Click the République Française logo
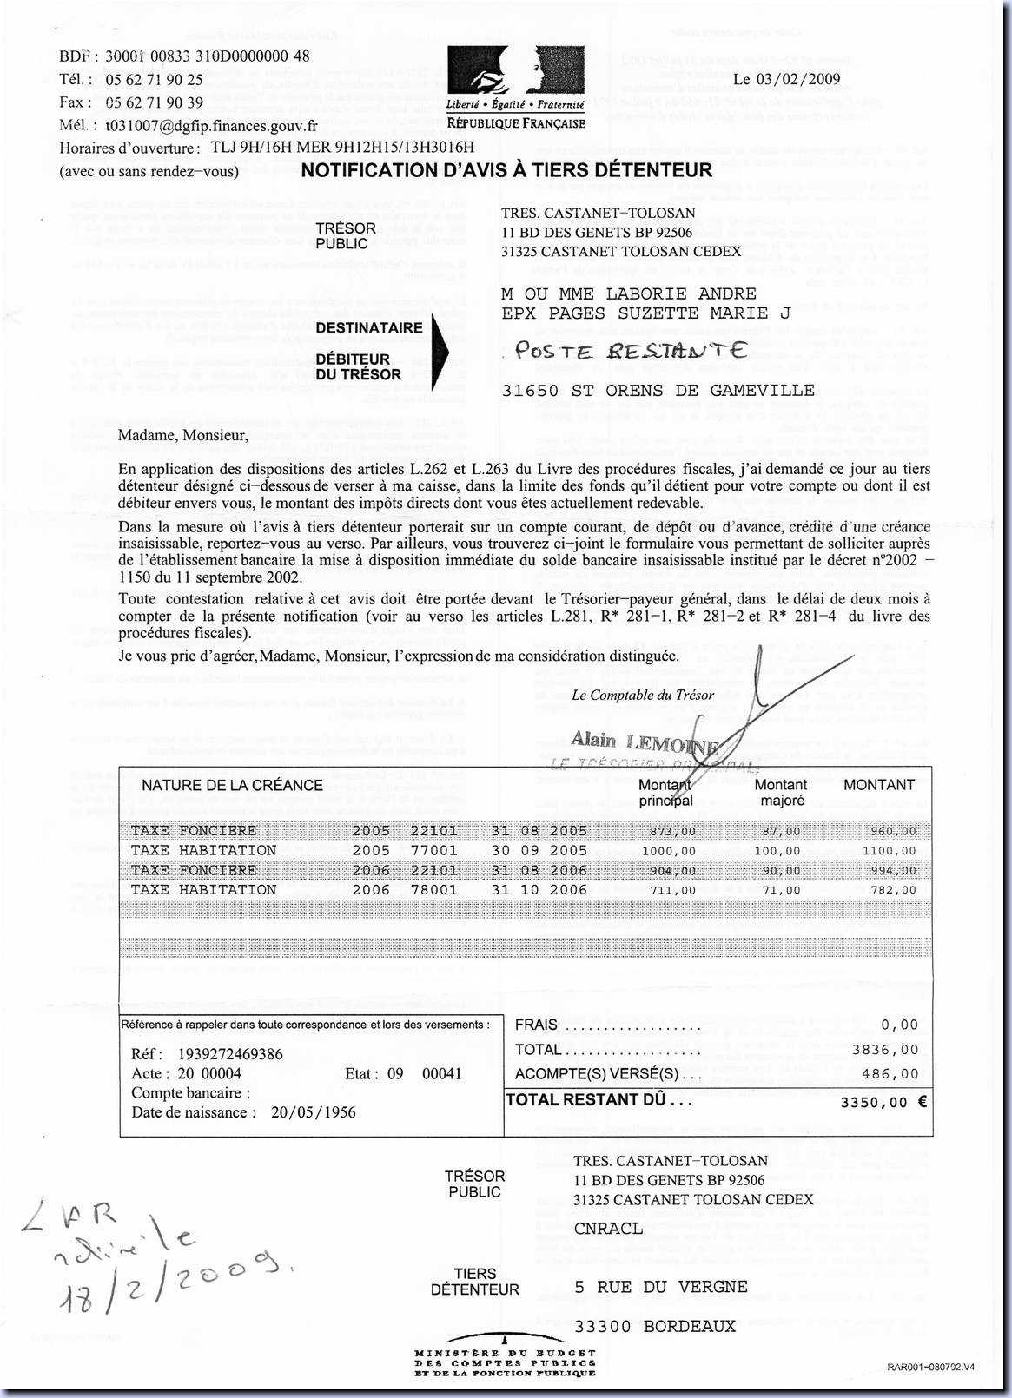(x=515, y=88)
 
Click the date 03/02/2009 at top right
(x=787, y=79)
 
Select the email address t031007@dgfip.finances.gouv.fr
(x=211, y=126)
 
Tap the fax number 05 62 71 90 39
(x=154, y=102)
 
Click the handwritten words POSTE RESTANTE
(x=631, y=351)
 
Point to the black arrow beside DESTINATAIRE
(x=440, y=352)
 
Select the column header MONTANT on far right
(x=879, y=785)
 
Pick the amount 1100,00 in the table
(x=890, y=851)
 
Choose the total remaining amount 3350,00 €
(x=883, y=1102)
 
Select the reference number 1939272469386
(x=230, y=1054)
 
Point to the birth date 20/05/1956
(x=313, y=1112)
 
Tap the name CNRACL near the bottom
(x=608, y=1229)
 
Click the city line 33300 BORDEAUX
(x=655, y=1327)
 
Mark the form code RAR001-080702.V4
(x=931, y=1367)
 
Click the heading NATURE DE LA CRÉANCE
(x=232, y=785)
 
